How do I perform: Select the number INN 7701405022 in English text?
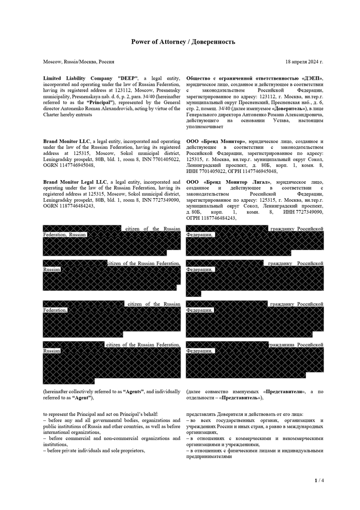160,160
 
